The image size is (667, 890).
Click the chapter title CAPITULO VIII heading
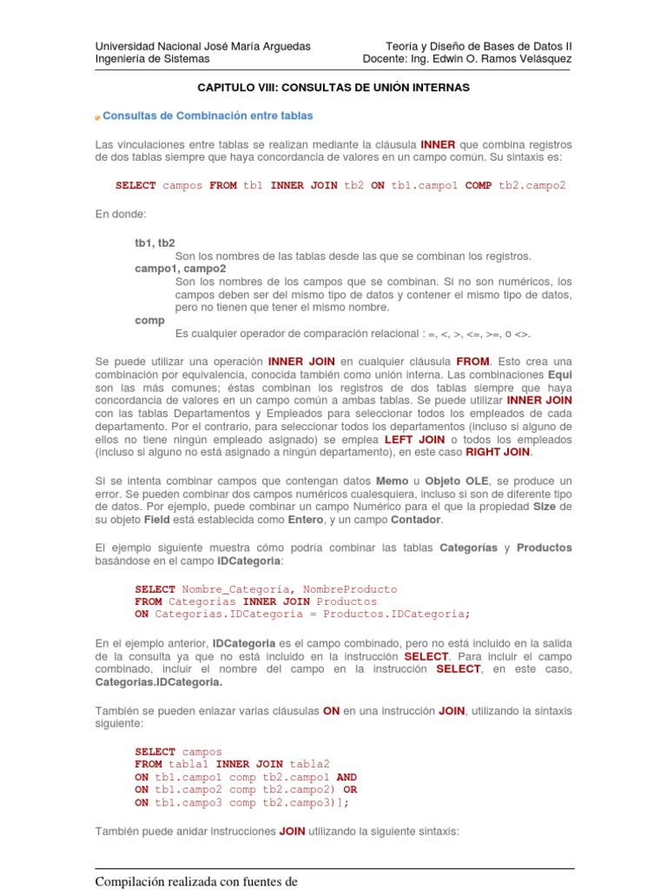333,88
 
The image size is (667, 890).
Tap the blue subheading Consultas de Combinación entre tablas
208,116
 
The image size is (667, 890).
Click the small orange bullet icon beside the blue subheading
97,117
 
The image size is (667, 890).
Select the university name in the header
202,46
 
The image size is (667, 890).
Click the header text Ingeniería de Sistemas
152,59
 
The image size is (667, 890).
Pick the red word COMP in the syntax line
478,185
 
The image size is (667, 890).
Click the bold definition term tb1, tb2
155,243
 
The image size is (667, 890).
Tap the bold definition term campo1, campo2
180,269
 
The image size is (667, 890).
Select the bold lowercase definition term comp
149,321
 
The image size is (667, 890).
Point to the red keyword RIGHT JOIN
498,452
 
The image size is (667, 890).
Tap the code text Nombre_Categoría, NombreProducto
289,588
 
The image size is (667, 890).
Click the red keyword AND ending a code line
346,777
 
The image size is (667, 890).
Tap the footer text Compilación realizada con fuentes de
196,882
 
